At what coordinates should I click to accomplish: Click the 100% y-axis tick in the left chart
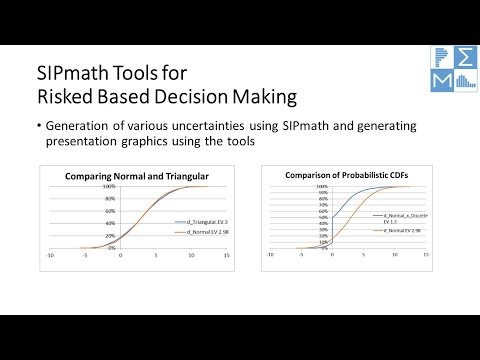(x=112, y=186)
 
